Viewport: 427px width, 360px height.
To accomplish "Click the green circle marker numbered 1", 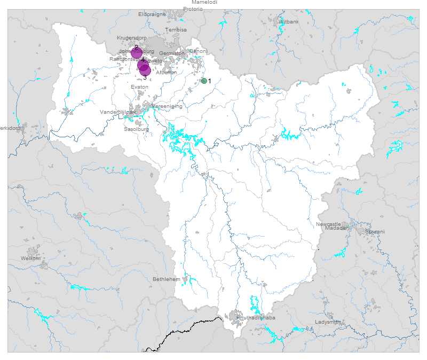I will [204, 81].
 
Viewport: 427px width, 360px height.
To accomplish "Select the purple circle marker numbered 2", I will [136, 52].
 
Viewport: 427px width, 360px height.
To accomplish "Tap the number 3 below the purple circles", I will [145, 78].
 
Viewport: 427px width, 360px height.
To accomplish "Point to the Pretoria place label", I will [193, 9].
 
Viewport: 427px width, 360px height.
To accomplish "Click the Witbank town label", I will [289, 22].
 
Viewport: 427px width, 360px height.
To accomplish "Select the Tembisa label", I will [176, 30].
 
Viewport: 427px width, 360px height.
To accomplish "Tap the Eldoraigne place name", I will [152, 14].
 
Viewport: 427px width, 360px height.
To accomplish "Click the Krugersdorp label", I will [131, 38].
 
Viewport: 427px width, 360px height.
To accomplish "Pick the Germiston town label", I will [171, 53].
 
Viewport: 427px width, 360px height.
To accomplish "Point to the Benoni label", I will [198, 52].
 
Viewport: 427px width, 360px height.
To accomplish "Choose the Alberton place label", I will [166, 72].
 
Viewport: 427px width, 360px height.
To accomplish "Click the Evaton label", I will [139, 87].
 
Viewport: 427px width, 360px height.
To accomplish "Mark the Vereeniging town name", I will [167, 106].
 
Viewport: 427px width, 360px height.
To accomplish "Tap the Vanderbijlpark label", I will [118, 113].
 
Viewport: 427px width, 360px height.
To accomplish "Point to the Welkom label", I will [30, 259].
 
